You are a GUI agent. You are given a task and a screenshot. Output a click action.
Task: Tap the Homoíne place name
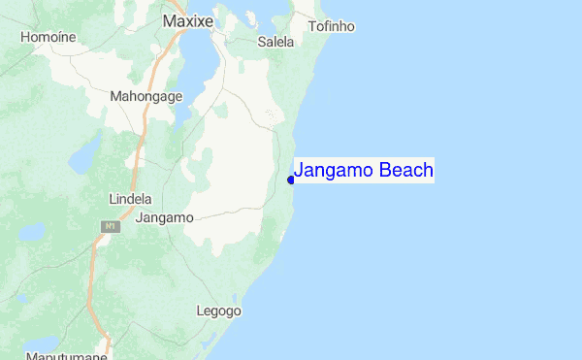[x=48, y=37]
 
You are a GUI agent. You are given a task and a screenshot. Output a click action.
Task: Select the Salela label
[x=275, y=42]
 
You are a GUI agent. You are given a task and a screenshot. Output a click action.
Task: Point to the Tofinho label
[x=331, y=26]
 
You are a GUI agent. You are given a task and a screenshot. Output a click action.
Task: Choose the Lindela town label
[x=132, y=198]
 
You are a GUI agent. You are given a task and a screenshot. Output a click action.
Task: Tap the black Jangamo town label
[x=165, y=217]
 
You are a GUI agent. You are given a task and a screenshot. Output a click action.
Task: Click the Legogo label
[x=218, y=311]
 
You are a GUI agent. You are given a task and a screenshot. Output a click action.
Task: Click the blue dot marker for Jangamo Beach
[x=291, y=180]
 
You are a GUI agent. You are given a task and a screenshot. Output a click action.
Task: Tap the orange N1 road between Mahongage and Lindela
[x=141, y=146]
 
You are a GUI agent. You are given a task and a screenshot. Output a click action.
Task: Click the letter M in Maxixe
[x=169, y=20]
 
